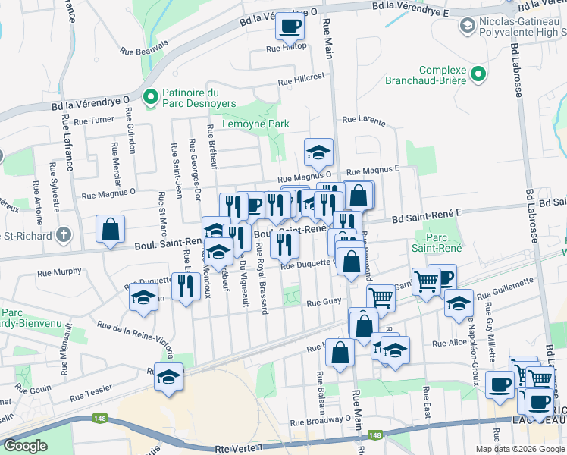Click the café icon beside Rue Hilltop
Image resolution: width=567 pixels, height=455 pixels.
(290, 27)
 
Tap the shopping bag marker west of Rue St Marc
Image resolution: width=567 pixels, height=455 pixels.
(111, 229)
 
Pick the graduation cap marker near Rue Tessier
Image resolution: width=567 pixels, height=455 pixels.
(168, 377)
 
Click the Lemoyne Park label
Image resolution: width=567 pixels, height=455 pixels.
(255, 124)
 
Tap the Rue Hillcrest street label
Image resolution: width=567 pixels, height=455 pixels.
(301, 79)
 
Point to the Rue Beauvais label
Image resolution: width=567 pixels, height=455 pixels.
(143, 51)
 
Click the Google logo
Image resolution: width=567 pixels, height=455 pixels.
(25, 445)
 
